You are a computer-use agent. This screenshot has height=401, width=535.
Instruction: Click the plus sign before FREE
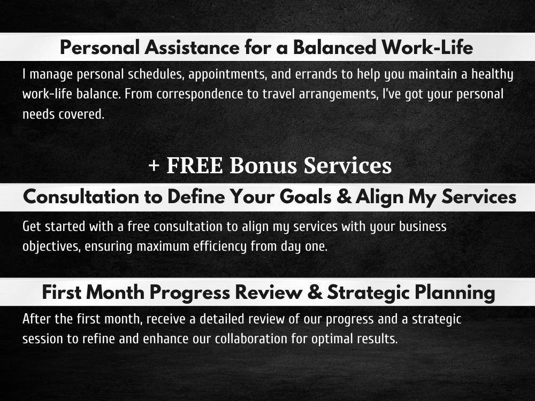click(154, 166)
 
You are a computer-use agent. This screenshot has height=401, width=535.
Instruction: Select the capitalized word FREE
click(195, 166)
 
